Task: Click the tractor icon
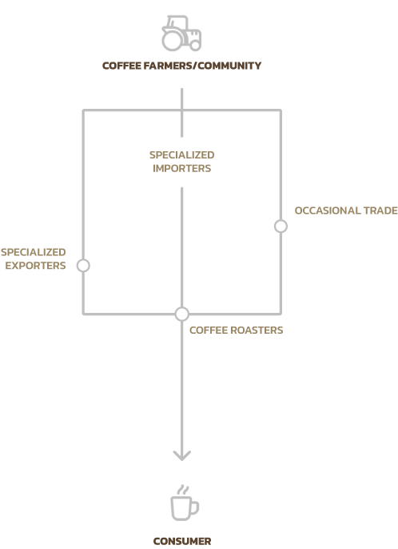181,33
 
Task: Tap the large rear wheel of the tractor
172,40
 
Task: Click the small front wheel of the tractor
195,45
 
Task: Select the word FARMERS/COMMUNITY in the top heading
202,66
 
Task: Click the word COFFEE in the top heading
121,66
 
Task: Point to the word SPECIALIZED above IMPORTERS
182,154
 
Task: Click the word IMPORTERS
182,168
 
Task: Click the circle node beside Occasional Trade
281,226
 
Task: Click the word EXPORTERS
35,266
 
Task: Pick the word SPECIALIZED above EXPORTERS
34,252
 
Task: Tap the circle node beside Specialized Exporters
83,266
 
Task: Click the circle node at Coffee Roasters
182,314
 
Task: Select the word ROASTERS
258,331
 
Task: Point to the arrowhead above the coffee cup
182,456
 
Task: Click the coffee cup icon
185,503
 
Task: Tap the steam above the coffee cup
183,490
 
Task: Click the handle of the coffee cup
195,507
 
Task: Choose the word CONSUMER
182,541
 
